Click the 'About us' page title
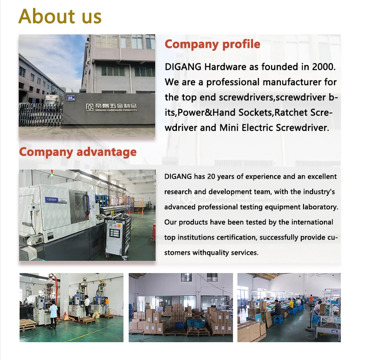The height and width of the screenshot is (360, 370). click(x=60, y=17)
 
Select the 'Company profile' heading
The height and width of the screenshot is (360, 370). click(x=212, y=44)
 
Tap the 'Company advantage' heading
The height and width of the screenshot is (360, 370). click(x=78, y=152)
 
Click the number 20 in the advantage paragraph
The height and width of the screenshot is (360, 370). click(x=212, y=177)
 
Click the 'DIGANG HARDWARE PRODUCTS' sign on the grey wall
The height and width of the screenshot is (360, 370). click(x=111, y=107)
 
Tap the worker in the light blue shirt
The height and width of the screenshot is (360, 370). click(x=53, y=314)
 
